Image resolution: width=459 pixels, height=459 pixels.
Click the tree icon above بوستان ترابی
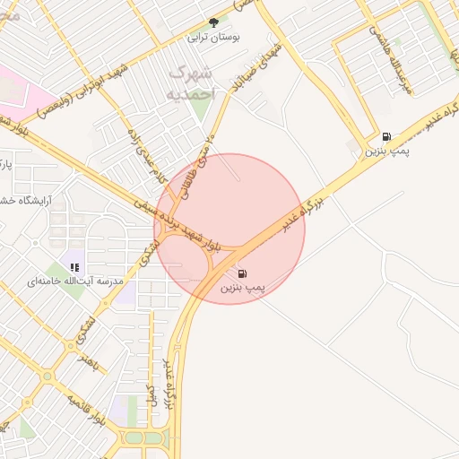213,22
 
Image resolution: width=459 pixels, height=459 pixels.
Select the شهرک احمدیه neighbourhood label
192,82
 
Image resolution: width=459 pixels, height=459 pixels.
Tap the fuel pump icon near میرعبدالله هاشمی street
386,136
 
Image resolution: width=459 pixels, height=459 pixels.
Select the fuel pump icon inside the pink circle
243,273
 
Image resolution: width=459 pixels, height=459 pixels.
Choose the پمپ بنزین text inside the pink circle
243,289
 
